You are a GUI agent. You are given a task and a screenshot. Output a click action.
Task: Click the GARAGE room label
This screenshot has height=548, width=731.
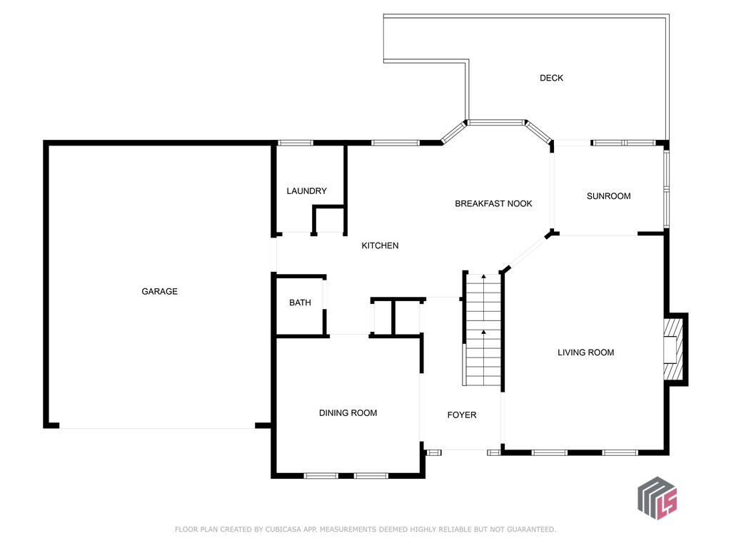(x=159, y=291)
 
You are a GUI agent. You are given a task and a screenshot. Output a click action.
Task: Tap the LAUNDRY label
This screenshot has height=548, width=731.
(x=306, y=191)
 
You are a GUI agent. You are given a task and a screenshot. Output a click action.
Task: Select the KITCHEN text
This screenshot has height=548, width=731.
(x=380, y=245)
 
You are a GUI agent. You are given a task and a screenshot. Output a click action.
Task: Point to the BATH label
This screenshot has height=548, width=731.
(x=300, y=303)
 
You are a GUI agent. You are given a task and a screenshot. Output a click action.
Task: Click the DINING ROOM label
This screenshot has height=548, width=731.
(x=348, y=413)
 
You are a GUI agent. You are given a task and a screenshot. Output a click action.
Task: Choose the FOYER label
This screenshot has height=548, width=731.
(x=461, y=415)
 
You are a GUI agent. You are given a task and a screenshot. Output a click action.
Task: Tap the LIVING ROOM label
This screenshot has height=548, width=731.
(x=585, y=352)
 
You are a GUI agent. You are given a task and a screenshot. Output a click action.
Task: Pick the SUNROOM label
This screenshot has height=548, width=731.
(x=608, y=196)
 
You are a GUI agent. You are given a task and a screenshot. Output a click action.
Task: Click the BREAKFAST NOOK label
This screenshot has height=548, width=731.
(x=493, y=204)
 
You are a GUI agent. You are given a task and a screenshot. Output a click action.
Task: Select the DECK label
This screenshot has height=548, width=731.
(x=551, y=78)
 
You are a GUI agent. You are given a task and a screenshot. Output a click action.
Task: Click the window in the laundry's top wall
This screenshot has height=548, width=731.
(x=295, y=143)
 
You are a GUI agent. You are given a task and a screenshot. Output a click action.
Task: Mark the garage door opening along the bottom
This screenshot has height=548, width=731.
(x=157, y=427)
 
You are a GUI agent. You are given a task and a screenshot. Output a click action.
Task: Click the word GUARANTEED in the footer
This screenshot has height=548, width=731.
(x=529, y=529)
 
